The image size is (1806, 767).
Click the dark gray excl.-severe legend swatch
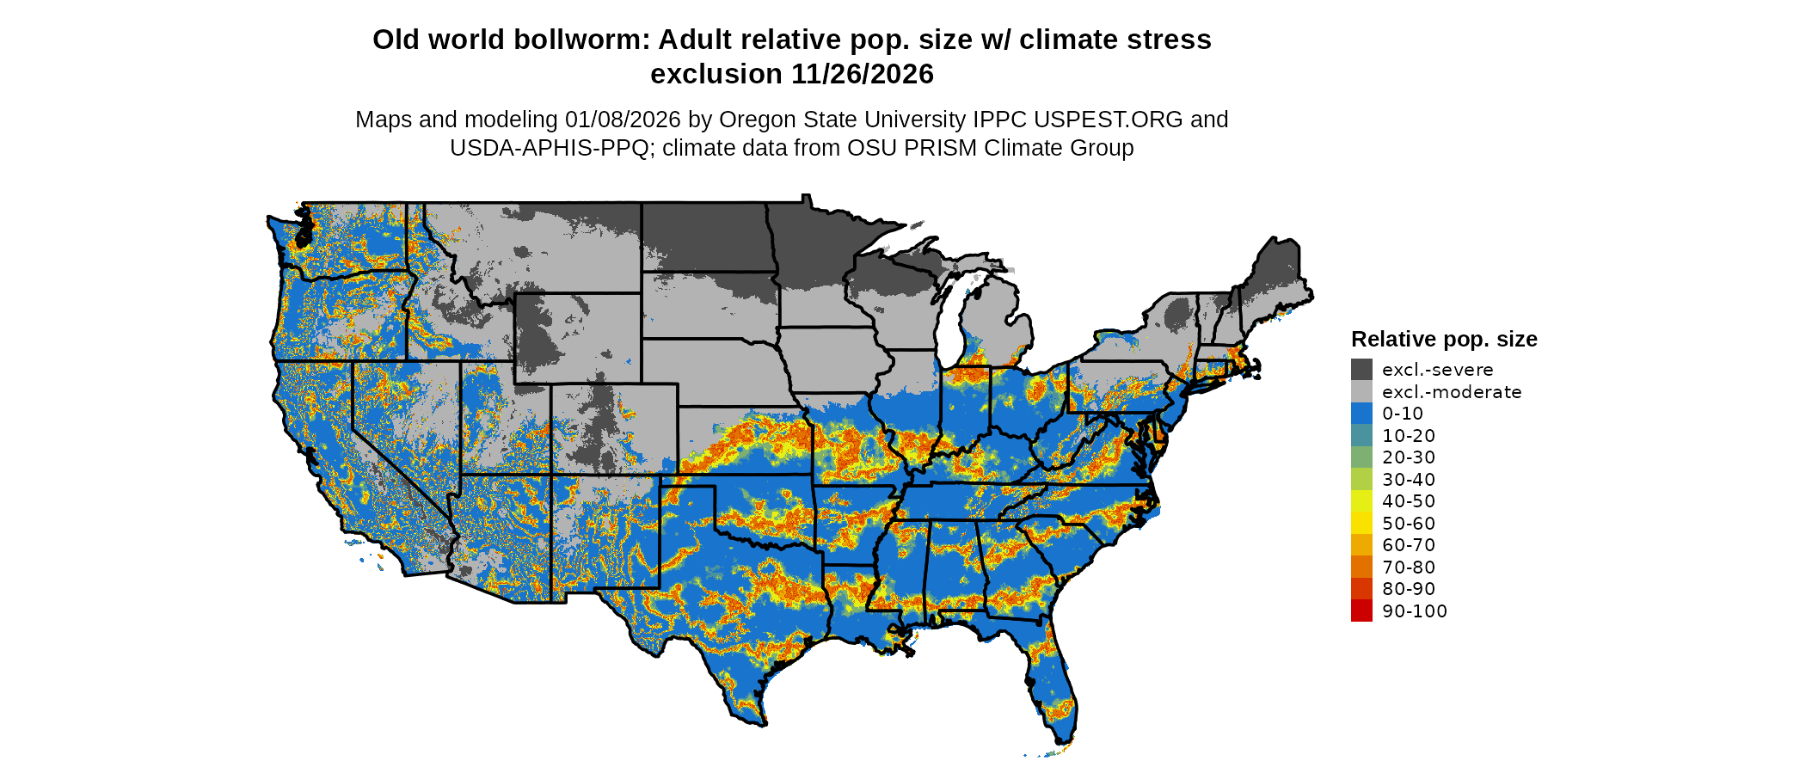pos(1361,370)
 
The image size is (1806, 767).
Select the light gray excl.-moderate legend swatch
pos(1361,392)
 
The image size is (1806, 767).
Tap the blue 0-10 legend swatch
pos(1361,414)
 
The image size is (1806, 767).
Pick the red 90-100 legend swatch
pos(1361,611)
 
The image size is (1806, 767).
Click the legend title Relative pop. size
pos(1444,340)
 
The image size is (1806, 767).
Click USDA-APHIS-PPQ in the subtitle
pos(549,148)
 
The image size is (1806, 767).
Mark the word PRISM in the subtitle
pos(942,148)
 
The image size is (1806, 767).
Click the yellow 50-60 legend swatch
pos(1361,524)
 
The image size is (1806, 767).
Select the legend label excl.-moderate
pos(1452,392)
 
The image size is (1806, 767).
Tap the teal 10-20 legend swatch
pos(1361,436)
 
